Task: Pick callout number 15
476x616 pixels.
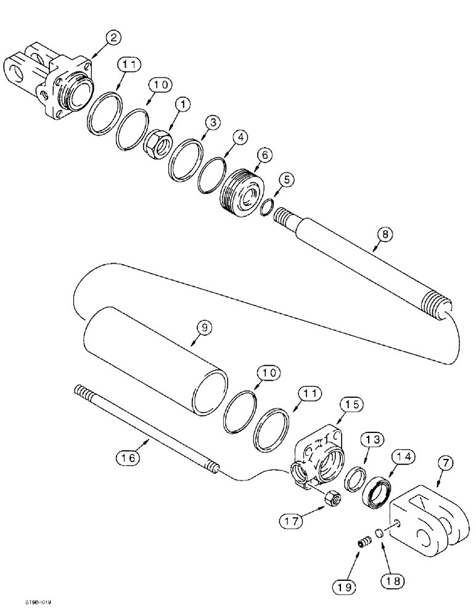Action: coord(352,404)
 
